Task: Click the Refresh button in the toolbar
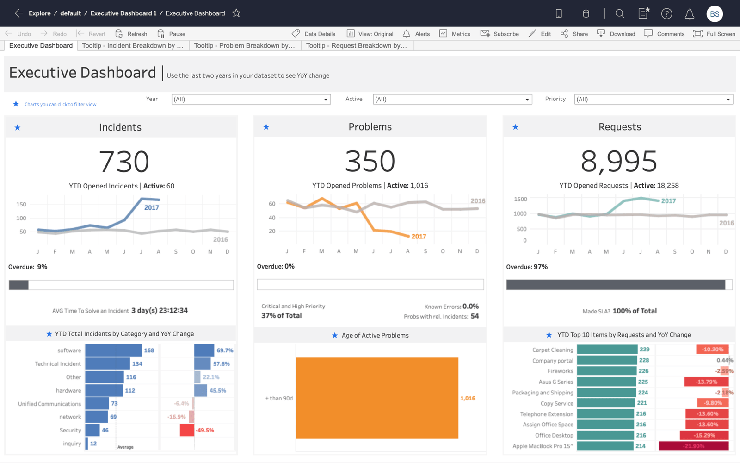pyautogui.click(x=131, y=34)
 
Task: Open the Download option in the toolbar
pyautogui.click(x=617, y=34)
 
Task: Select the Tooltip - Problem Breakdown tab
pyautogui.click(x=245, y=45)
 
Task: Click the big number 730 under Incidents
pyautogui.click(x=124, y=162)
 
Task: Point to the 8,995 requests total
pyautogui.click(x=619, y=162)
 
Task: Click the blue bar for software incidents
pyautogui.click(x=113, y=350)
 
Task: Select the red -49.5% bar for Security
pyautogui.click(x=187, y=430)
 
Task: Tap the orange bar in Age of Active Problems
pyautogui.click(x=377, y=398)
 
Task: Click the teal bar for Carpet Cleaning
pyautogui.click(x=607, y=350)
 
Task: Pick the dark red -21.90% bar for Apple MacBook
pyautogui.click(x=693, y=446)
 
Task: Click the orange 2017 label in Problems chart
pyautogui.click(x=419, y=237)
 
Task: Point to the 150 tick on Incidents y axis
pyautogui.click(x=21, y=204)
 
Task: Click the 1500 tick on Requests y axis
pyautogui.click(x=520, y=199)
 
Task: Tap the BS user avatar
pyautogui.click(x=714, y=13)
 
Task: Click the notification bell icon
pyautogui.click(x=689, y=14)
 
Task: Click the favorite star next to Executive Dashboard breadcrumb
pyautogui.click(x=236, y=13)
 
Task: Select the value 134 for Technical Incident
pyautogui.click(x=137, y=364)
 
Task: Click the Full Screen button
pyautogui.click(x=714, y=34)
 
